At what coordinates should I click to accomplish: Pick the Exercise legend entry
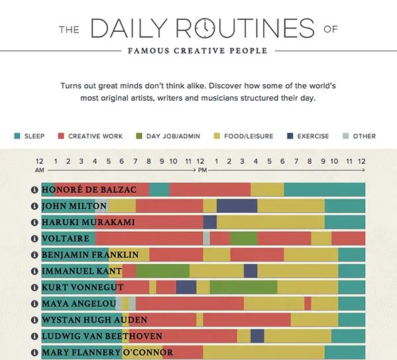pyautogui.click(x=313, y=137)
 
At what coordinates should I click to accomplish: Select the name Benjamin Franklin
pyautogui.click(x=90, y=255)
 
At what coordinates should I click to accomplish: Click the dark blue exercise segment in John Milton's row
pyautogui.click(x=237, y=206)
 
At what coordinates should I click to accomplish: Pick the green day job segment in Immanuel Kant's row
pyautogui.click(x=162, y=270)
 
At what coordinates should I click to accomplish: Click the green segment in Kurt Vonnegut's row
pyautogui.click(x=243, y=287)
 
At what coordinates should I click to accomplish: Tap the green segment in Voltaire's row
pyautogui.click(x=243, y=238)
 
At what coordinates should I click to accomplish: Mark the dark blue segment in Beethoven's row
pyautogui.click(x=257, y=336)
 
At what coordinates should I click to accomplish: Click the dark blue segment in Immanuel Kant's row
pyautogui.click(x=251, y=270)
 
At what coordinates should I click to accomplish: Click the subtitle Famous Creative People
pyautogui.click(x=198, y=50)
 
